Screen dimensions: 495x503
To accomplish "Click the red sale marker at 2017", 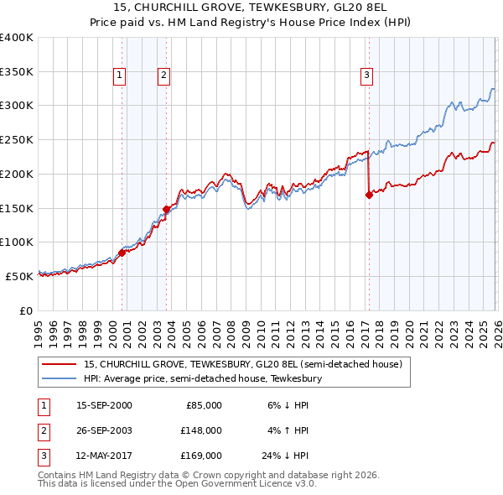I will (x=369, y=195).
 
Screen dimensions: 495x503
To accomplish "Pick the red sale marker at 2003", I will (x=167, y=209).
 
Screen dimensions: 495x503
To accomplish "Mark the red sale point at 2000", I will (x=122, y=252).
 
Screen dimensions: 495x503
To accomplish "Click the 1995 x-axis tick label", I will (x=39, y=333).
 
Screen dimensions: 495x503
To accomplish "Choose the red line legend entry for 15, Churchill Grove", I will (x=243, y=365).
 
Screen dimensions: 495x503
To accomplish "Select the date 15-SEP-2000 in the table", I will (x=104, y=405).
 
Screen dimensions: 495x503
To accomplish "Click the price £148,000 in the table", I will (x=201, y=430).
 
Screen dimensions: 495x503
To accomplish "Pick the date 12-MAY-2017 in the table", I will (x=104, y=456).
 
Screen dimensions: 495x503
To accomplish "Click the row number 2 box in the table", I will (x=42, y=430).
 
